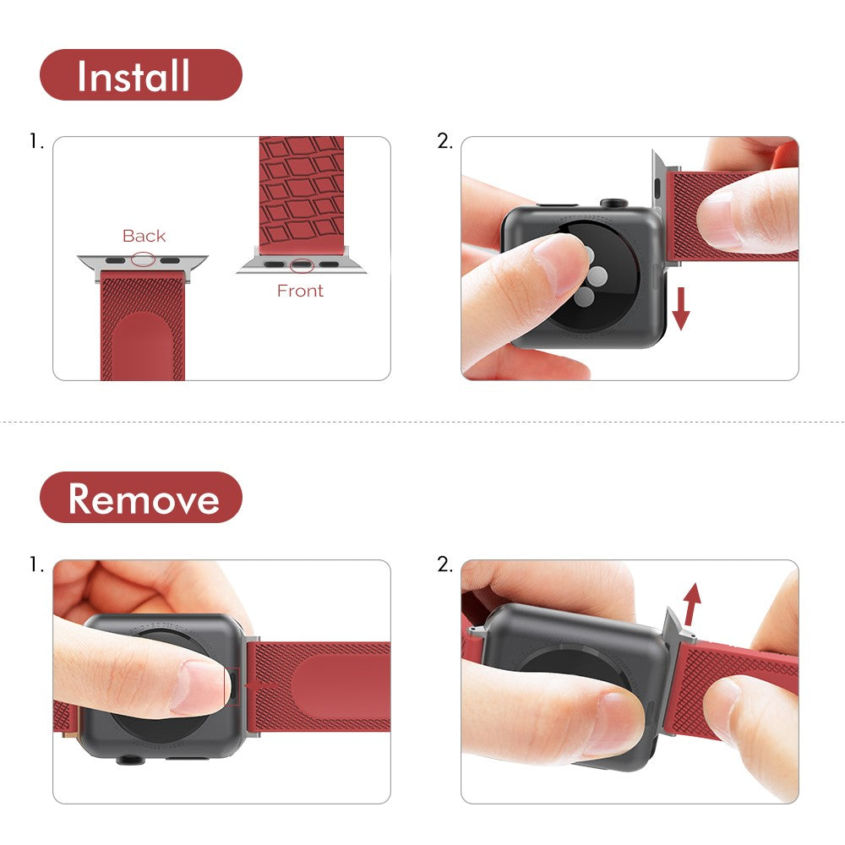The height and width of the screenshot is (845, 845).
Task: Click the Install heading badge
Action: (140, 75)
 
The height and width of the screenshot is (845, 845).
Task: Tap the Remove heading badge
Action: (140, 498)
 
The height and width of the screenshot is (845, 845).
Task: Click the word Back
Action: (144, 236)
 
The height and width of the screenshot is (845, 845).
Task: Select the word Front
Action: (300, 291)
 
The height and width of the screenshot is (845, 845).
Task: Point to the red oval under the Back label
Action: (143, 259)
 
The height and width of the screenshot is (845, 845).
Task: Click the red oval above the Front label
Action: (301, 265)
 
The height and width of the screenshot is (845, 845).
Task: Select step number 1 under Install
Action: (35, 142)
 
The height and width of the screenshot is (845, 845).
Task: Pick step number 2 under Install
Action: (444, 142)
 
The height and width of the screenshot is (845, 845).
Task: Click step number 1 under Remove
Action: (35, 564)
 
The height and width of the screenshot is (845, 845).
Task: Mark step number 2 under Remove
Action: (444, 564)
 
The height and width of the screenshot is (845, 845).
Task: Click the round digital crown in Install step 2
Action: (613, 204)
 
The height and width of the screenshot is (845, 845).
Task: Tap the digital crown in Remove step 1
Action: (128, 758)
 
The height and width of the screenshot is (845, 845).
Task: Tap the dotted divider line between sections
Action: (422, 421)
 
